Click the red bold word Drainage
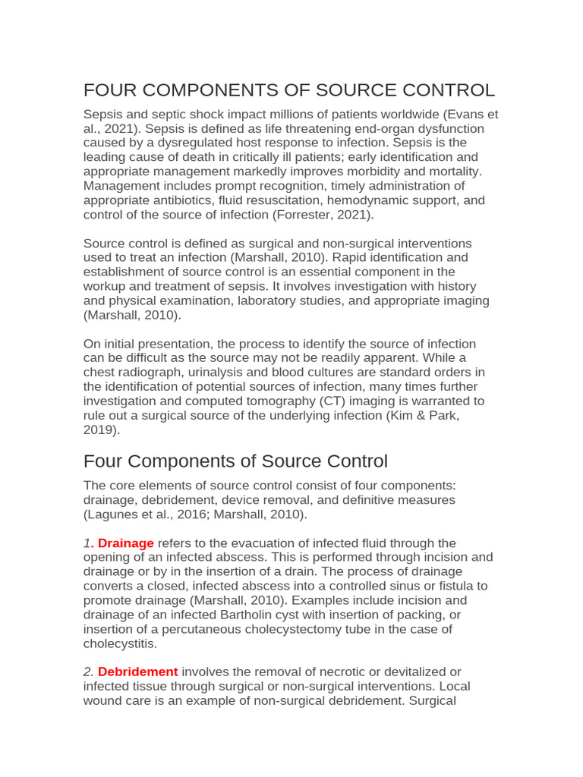click(126, 543)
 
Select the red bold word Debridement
click(137, 672)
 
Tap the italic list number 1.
click(87, 543)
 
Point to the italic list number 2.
click(88, 672)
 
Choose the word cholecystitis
click(120, 643)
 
